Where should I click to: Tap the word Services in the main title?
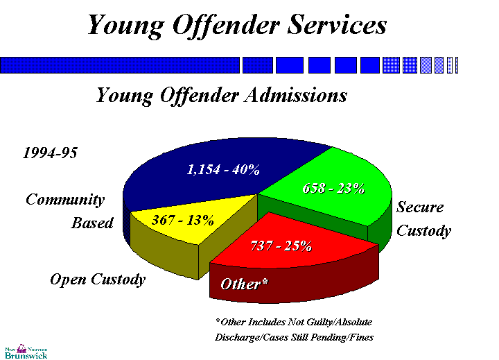click(331, 26)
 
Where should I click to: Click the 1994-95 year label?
click(50, 153)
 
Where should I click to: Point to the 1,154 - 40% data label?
click(222, 169)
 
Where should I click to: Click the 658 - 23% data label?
click(334, 189)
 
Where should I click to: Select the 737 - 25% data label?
click(280, 245)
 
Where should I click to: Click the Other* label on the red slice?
click(244, 284)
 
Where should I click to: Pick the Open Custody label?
click(98, 280)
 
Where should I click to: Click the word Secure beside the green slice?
click(419, 207)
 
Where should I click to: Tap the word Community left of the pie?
click(65, 200)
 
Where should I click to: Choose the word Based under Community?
click(92, 223)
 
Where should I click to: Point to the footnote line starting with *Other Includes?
click(294, 322)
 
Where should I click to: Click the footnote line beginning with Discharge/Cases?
click(294, 338)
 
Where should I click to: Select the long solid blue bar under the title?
click(120, 65)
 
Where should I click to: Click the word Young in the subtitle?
click(123, 94)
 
